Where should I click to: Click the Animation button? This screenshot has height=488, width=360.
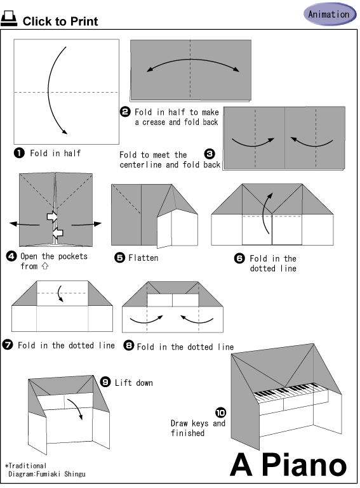pyautogui.click(x=330, y=14)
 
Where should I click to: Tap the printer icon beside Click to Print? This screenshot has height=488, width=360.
pyautogui.click(x=9, y=18)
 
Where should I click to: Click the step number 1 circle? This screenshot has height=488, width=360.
pyautogui.click(x=19, y=153)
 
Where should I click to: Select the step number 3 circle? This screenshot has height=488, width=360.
pyautogui.click(x=210, y=154)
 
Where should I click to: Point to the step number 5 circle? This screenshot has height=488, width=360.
pyautogui.click(x=119, y=258)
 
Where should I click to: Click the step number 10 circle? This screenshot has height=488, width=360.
pyautogui.click(x=220, y=412)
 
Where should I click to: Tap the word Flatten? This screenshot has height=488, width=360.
pyautogui.click(x=143, y=258)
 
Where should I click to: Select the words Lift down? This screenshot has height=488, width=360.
pyautogui.click(x=134, y=383)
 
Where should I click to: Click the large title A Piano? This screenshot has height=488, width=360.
pyautogui.click(x=288, y=465)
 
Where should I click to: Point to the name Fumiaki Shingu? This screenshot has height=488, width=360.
pyautogui.click(x=61, y=474)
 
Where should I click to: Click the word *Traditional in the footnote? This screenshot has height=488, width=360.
pyautogui.click(x=25, y=466)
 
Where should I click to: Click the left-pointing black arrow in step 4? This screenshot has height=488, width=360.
pyautogui.click(x=24, y=224)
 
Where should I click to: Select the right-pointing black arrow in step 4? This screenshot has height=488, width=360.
pyautogui.click(x=86, y=224)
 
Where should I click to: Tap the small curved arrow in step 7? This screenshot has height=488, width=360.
pyautogui.click(x=60, y=293)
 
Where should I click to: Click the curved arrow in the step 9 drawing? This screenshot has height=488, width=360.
pyautogui.click(x=77, y=407)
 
